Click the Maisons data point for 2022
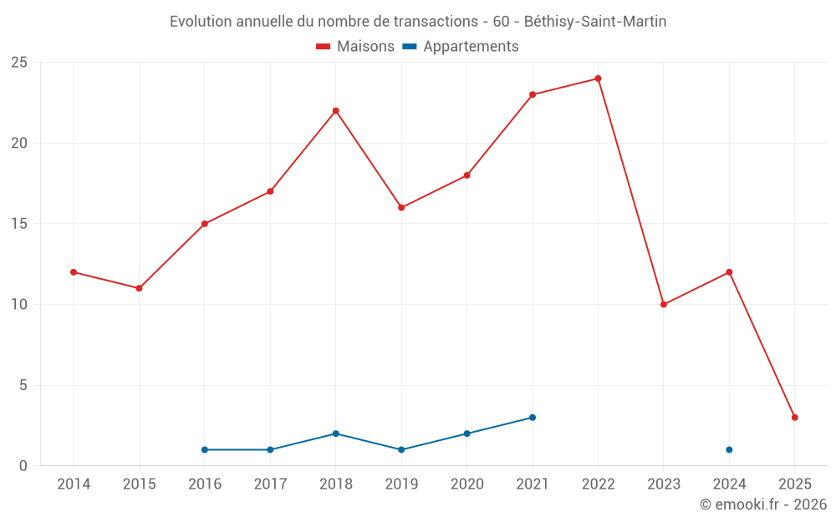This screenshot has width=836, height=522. click(598, 79)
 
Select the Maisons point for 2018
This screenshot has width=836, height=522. click(335, 111)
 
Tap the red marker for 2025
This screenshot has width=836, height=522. click(794, 418)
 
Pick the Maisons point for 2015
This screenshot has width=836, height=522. click(139, 288)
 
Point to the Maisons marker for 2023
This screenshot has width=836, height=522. click(664, 305)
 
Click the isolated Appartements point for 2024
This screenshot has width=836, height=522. click(729, 450)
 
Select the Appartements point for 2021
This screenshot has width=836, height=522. click(533, 418)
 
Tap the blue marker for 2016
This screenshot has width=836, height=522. click(205, 450)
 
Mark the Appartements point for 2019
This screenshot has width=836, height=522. click(401, 450)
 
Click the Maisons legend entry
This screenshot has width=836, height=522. click(355, 47)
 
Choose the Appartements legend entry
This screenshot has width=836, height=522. click(461, 47)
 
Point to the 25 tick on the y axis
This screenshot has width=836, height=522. click(19, 63)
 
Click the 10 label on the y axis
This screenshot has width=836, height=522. click(19, 305)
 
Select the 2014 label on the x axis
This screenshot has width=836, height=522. click(74, 484)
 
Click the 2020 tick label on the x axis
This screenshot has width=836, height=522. click(466, 484)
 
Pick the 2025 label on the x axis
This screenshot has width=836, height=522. click(794, 484)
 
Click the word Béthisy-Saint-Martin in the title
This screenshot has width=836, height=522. click(595, 22)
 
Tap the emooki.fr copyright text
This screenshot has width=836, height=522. click(763, 504)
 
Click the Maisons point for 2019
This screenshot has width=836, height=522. click(401, 208)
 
